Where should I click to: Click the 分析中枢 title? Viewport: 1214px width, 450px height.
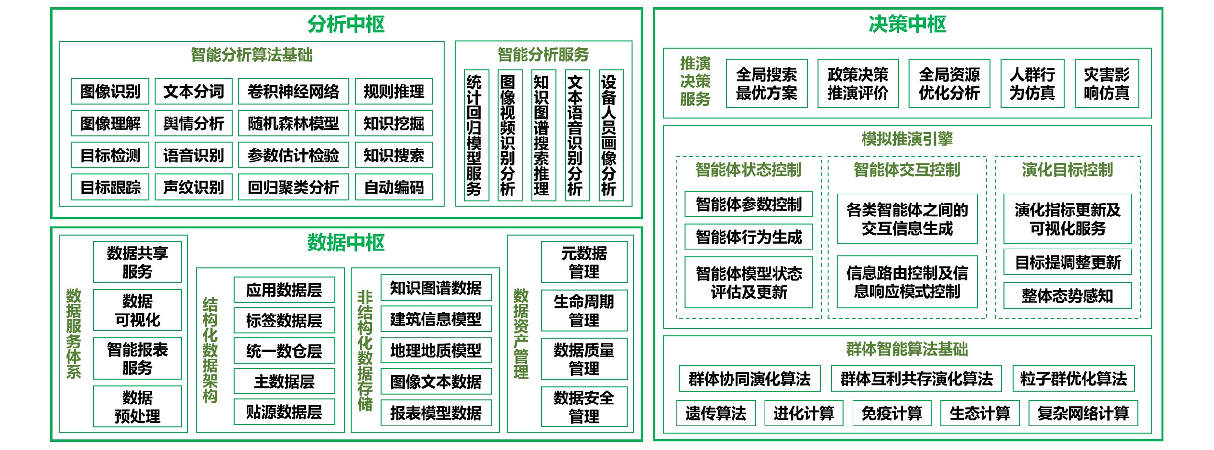(346, 24)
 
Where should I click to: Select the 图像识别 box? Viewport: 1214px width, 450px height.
(110, 92)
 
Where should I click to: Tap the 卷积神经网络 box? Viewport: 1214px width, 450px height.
(293, 92)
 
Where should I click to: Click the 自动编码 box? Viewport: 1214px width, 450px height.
(394, 187)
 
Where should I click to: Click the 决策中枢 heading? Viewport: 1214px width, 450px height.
(907, 24)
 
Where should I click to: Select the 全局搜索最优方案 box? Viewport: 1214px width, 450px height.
(766, 83)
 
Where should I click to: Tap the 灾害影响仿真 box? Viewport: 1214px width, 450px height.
(1107, 83)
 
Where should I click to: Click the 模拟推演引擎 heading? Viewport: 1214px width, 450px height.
(907, 139)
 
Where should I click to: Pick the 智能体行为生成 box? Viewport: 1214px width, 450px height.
(749, 237)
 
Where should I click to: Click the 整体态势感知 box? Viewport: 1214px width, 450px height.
(1067, 295)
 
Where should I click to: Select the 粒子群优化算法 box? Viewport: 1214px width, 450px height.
(1073, 379)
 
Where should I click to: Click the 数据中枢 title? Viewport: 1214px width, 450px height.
(346, 242)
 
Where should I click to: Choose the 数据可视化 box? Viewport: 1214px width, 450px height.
(137, 310)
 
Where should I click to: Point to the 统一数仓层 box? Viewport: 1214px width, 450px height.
(284, 351)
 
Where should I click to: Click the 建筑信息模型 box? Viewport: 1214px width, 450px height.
(435, 319)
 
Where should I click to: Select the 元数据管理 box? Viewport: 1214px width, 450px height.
(584, 262)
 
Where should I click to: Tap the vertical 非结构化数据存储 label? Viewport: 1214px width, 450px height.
(365, 350)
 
